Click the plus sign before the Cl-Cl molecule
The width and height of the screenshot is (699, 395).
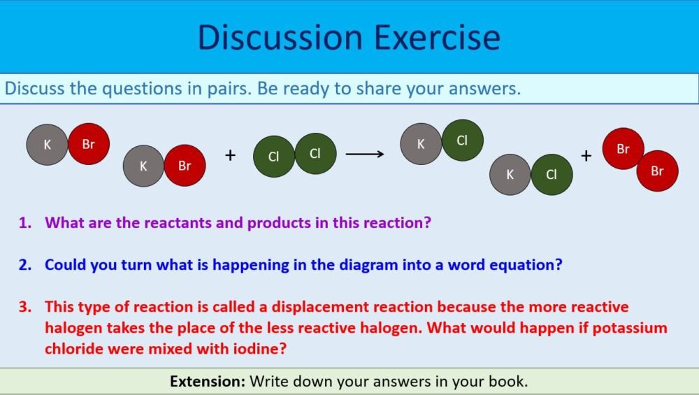(x=231, y=155)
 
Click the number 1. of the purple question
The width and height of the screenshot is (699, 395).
(x=26, y=223)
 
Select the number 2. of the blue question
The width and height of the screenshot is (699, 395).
(x=26, y=265)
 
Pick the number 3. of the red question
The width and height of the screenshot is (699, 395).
(x=26, y=307)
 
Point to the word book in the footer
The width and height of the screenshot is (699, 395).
(x=510, y=382)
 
